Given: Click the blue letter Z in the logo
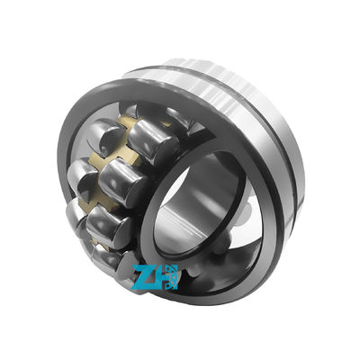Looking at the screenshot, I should tap(144, 276).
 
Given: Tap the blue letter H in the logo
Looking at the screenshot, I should tap(166, 276).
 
